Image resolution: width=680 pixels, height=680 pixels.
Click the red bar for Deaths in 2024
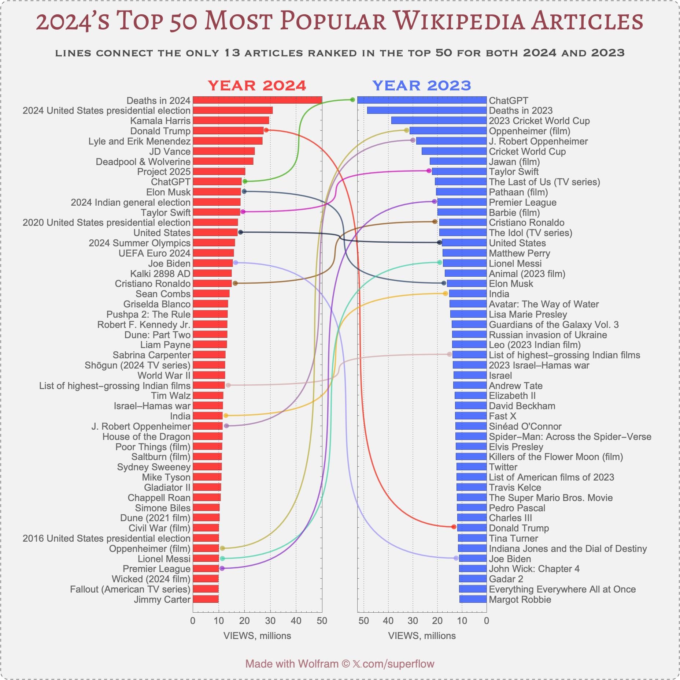point(257,100)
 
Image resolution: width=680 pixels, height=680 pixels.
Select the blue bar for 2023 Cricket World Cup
point(439,121)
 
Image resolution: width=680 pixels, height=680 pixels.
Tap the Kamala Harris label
point(160,121)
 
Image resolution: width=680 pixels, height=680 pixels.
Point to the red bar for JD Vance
point(223,151)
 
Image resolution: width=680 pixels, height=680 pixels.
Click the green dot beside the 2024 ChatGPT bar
point(245,182)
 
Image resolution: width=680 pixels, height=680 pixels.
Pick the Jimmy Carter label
point(162,599)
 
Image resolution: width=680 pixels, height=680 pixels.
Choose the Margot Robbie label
point(520,599)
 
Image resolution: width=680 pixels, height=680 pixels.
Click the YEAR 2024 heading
point(257,86)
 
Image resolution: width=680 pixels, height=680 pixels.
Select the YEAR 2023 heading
point(421,86)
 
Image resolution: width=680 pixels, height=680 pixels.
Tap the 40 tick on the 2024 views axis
point(296,621)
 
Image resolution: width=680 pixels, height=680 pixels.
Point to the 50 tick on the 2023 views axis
point(363,621)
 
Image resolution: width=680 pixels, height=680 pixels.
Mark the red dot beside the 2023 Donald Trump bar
point(454,527)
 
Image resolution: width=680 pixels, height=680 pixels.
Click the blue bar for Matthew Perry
point(464,253)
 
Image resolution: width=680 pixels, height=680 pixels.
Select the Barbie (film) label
point(514,213)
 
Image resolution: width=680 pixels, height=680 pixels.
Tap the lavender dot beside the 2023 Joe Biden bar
point(456,558)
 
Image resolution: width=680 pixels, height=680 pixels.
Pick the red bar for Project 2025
point(219,172)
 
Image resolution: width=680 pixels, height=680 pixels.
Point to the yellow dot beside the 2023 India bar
point(446,294)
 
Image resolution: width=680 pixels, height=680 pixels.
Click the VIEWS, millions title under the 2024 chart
point(257,636)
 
